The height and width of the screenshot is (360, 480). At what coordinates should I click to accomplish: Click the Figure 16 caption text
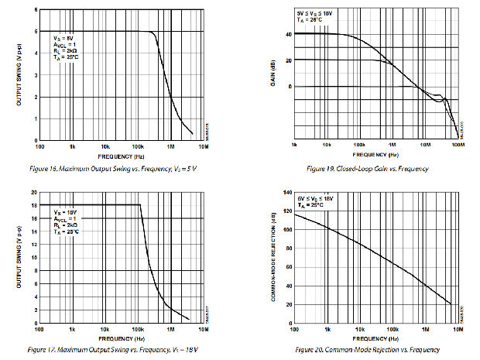pyautogui.click(x=118, y=168)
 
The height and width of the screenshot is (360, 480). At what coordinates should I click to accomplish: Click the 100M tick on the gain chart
pyautogui.click(x=457, y=145)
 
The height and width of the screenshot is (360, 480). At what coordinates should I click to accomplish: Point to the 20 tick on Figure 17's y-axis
pyautogui.click(x=33, y=192)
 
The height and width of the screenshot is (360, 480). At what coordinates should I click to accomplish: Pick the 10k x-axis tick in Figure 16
pyautogui.click(x=105, y=145)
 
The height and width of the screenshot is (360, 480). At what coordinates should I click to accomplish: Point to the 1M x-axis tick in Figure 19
pyautogui.click(x=392, y=145)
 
